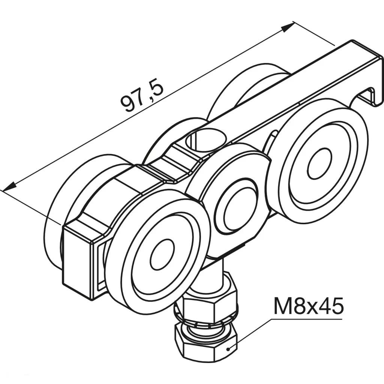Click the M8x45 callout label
tap(308, 307)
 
